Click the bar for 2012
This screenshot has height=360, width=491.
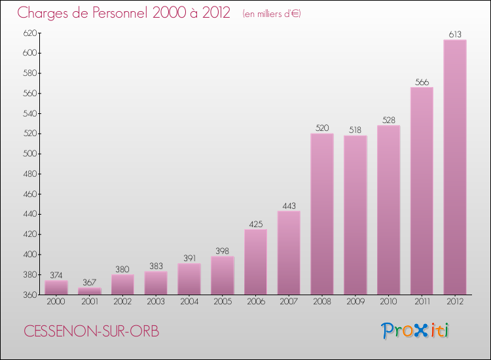(455, 167)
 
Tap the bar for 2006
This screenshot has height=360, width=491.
(255, 262)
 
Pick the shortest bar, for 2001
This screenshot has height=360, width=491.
(90, 291)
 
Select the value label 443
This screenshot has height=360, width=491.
(289, 206)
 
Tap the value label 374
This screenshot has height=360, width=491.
(56, 276)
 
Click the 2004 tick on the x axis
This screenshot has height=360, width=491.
(189, 301)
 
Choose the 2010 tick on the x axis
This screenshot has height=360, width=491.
(388, 301)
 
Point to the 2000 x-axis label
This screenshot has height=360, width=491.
(56, 301)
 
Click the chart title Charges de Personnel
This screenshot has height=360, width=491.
(124, 12)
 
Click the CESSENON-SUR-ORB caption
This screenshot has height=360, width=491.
(91, 331)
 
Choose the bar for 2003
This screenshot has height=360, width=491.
(156, 283)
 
